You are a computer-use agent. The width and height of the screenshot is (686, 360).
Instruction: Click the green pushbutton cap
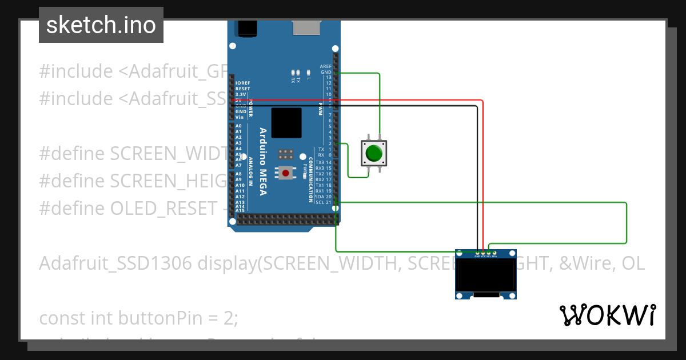[x=374, y=153]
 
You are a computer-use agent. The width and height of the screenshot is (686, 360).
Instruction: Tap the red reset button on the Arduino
[x=285, y=173]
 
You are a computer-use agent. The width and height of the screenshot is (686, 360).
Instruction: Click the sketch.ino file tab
[x=101, y=25]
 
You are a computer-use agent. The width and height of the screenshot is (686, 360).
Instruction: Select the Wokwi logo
[x=607, y=315]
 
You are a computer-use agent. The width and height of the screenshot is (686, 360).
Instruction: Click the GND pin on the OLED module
[x=477, y=253]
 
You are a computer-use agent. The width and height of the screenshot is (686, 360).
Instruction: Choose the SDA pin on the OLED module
[x=494, y=253]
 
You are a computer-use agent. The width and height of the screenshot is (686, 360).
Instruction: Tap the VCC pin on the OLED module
[x=483, y=253]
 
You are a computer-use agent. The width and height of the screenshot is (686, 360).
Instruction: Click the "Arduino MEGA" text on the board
[x=264, y=161]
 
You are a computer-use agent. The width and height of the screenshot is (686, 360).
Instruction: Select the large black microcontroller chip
[x=286, y=123]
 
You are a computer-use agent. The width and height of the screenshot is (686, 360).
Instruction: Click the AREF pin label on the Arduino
[x=325, y=66]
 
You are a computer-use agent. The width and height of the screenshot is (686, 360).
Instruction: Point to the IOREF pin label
[x=242, y=83]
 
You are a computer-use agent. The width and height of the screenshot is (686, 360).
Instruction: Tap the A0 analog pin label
[x=238, y=126]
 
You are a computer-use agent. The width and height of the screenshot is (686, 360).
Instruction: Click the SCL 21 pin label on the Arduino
[x=323, y=202]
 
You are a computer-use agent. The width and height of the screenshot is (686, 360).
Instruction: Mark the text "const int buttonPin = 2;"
[x=138, y=318]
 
